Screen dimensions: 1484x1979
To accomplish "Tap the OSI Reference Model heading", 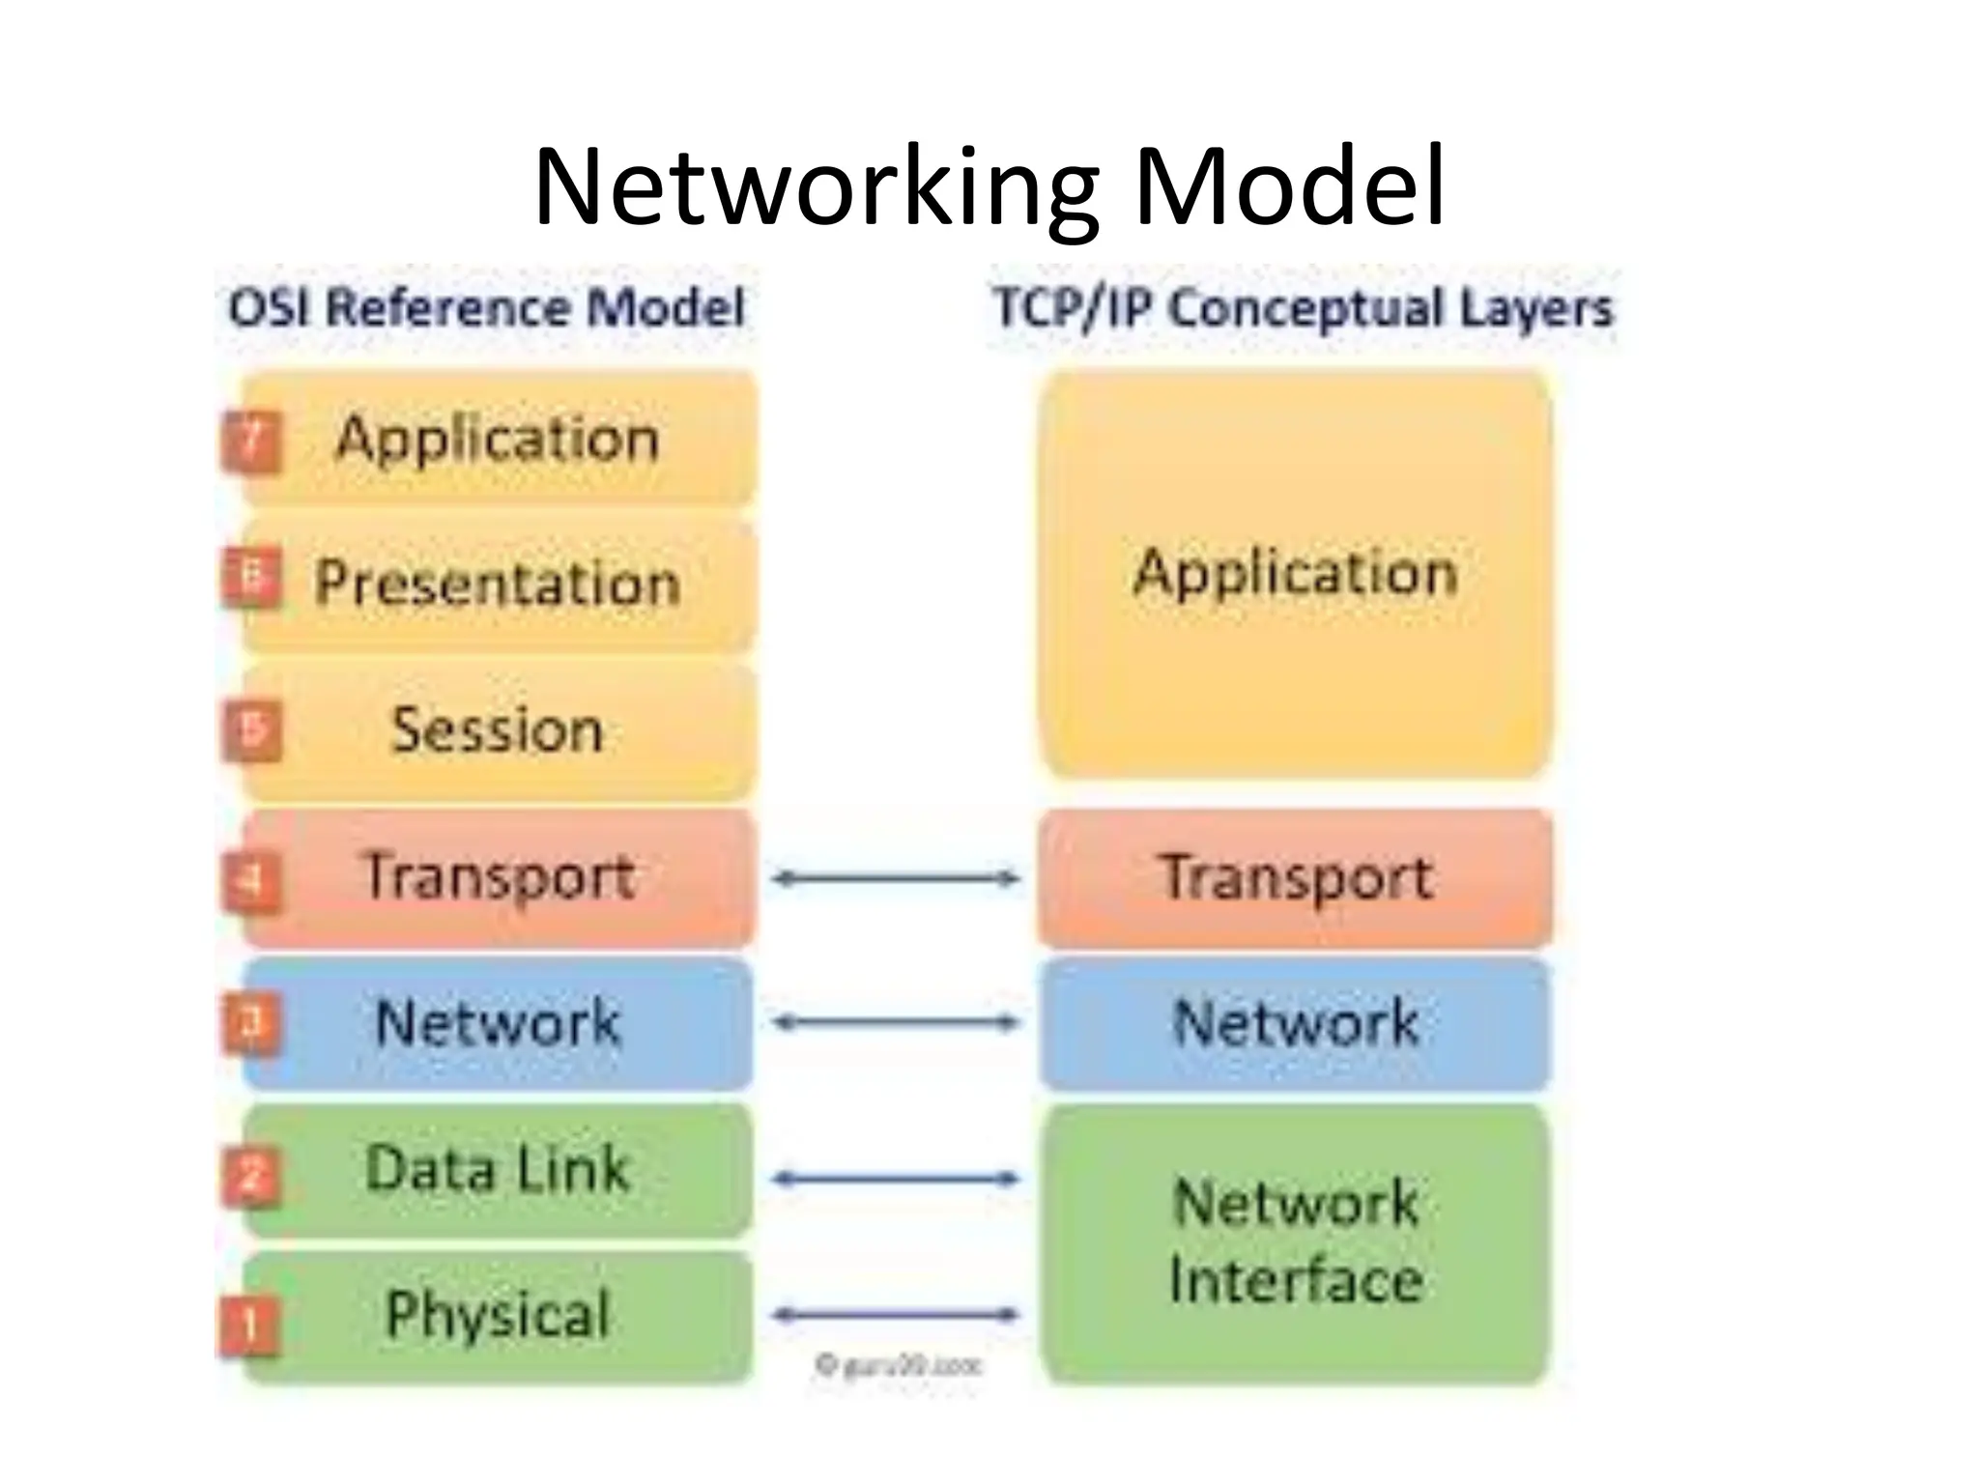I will tap(486, 308).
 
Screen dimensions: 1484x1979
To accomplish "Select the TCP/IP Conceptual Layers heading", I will tap(1304, 308).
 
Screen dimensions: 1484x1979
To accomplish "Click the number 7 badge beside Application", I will tap(251, 442).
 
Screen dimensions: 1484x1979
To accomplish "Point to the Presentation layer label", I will tap(498, 584).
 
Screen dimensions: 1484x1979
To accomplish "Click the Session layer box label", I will tap(498, 729).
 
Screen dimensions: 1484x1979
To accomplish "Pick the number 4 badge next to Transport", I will tap(251, 880).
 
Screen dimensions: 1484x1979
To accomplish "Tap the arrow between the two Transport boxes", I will tap(896, 878).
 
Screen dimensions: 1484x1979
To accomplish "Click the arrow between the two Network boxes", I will tap(896, 1022).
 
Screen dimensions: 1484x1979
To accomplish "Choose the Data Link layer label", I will tap(498, 1168).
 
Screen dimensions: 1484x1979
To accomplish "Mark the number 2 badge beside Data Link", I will tap(251, 1177).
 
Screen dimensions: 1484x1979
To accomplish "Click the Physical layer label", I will tap(498, 1314).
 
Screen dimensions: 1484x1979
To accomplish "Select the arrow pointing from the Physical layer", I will tap(896, 1314).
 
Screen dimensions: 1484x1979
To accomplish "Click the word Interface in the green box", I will tap(1296, 1280).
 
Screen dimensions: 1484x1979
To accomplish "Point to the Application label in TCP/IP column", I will tap(1295, 573).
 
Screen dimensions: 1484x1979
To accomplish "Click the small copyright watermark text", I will tap(899, 1365).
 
